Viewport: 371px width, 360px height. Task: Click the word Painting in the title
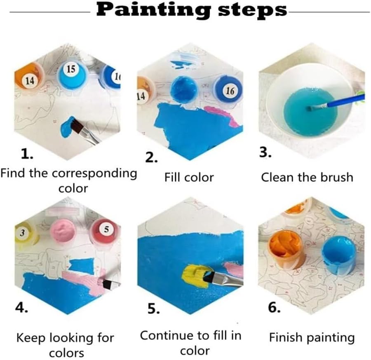point(153,10)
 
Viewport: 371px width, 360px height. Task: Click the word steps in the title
point(252,10)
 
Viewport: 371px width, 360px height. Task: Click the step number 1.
point(27,154)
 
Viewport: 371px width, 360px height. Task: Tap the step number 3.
point(265,152)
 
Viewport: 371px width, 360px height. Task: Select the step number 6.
point(274,307)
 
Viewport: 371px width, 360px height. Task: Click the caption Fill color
point(189,177)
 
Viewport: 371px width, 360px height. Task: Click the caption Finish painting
point(312,337)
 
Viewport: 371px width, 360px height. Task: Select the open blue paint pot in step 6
point(339,255)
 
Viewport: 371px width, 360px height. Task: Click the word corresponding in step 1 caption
point(94,174)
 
